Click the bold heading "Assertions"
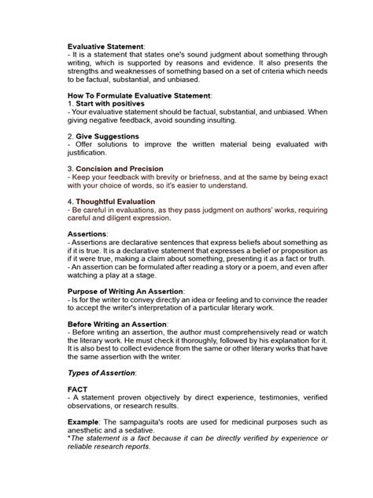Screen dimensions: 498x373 click(87, 234)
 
